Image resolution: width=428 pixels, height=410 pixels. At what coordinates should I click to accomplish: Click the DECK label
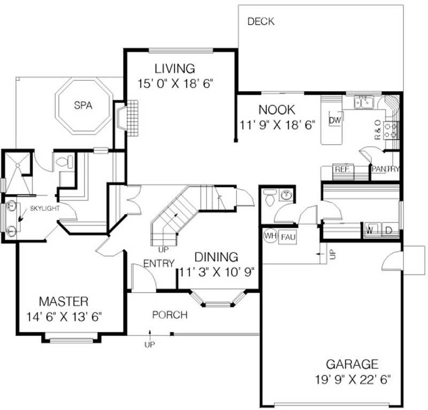tap(261, 22)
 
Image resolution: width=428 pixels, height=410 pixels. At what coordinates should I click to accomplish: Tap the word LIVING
tap(174, 69)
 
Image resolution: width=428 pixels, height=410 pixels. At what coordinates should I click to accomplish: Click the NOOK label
tap(276, 110)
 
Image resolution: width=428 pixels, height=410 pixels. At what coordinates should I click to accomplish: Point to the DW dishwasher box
tap(335, 120)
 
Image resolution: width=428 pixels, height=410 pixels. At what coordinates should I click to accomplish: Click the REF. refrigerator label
tap(342, 169)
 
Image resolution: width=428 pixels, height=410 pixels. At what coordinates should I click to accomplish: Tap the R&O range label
tap(378, 130)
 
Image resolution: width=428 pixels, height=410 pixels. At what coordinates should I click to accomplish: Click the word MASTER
tap(63, 301)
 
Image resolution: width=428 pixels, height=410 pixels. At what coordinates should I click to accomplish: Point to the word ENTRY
tap(159, 263)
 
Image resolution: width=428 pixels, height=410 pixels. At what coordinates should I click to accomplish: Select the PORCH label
tap(170, 315)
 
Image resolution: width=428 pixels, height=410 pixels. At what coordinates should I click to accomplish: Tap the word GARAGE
tap(352, 364)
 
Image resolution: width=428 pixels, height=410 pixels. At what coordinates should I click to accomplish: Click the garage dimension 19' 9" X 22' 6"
tap(353, 379)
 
